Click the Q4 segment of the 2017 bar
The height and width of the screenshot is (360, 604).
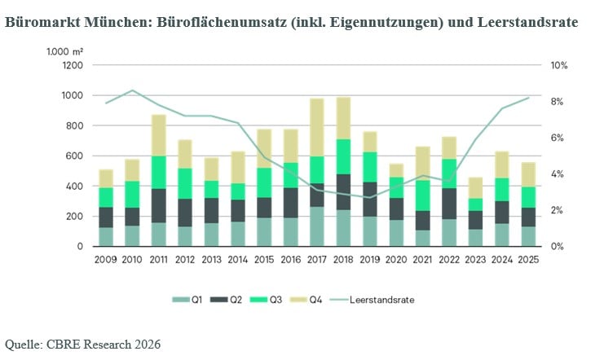[317, 127]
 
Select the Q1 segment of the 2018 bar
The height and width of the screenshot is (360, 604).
[343, 228]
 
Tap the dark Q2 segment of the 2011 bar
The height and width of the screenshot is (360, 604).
[159, 205]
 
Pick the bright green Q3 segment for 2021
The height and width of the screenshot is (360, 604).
[422, 195]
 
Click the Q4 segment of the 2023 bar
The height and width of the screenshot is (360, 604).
[475, 188]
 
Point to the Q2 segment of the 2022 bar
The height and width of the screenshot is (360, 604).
[449, 204]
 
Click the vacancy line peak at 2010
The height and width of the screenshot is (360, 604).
[132, 90]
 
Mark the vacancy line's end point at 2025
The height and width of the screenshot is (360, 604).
[528, 98]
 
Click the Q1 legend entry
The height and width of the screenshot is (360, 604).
[187, 300]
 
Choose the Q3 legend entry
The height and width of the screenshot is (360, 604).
[267, 300]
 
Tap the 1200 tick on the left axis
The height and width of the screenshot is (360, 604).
[73, 65]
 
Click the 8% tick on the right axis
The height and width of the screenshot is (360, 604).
[557, 102]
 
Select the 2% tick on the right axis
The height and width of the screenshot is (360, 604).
[557, 210]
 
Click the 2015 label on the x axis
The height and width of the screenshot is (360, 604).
[264, 260]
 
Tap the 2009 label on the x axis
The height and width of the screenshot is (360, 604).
[105, 260]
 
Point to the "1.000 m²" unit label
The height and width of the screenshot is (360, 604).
[64, 51]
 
